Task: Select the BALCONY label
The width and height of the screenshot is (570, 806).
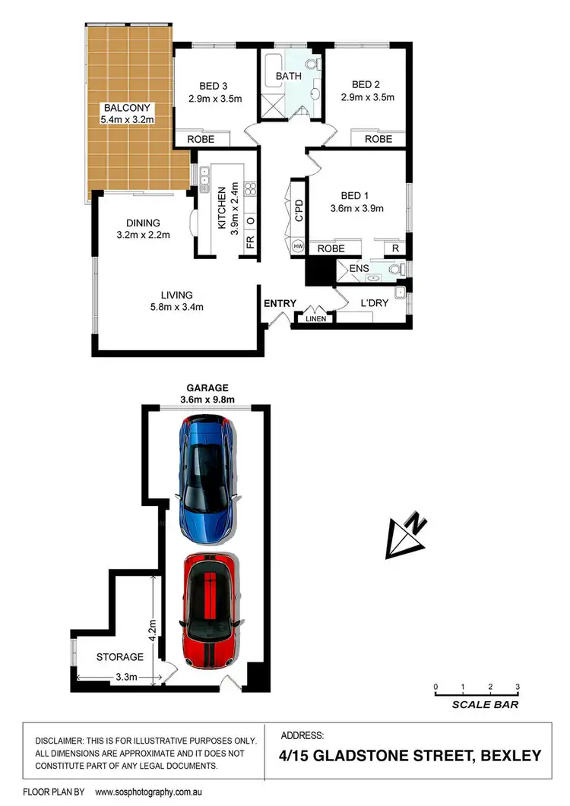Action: (127, 107)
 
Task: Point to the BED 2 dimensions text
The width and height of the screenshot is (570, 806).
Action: (368, 98)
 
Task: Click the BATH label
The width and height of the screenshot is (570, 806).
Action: (289, 76)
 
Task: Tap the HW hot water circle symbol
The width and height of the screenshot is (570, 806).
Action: (298, 247)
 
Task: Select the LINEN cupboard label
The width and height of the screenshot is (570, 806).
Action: (316, 318)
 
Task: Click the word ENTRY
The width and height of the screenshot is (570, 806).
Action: (280, 304)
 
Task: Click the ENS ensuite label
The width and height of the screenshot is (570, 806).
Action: (358, 268)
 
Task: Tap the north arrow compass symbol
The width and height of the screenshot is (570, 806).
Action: (406, 535)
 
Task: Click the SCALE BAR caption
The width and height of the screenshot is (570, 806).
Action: (486, 704)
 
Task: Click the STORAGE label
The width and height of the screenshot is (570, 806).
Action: (120, 656)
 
